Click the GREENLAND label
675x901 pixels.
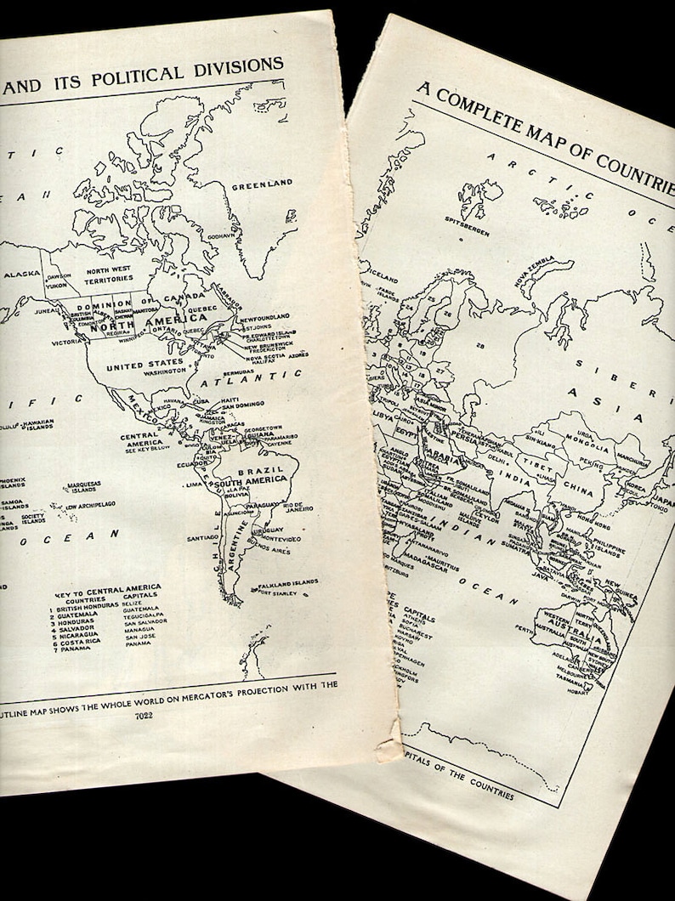coord(263,184)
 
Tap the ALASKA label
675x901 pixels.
coord(16,275)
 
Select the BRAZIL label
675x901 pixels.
coord(255,469)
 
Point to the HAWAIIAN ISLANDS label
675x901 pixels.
coord(38,423)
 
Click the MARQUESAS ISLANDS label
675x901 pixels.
coord(84,486)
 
